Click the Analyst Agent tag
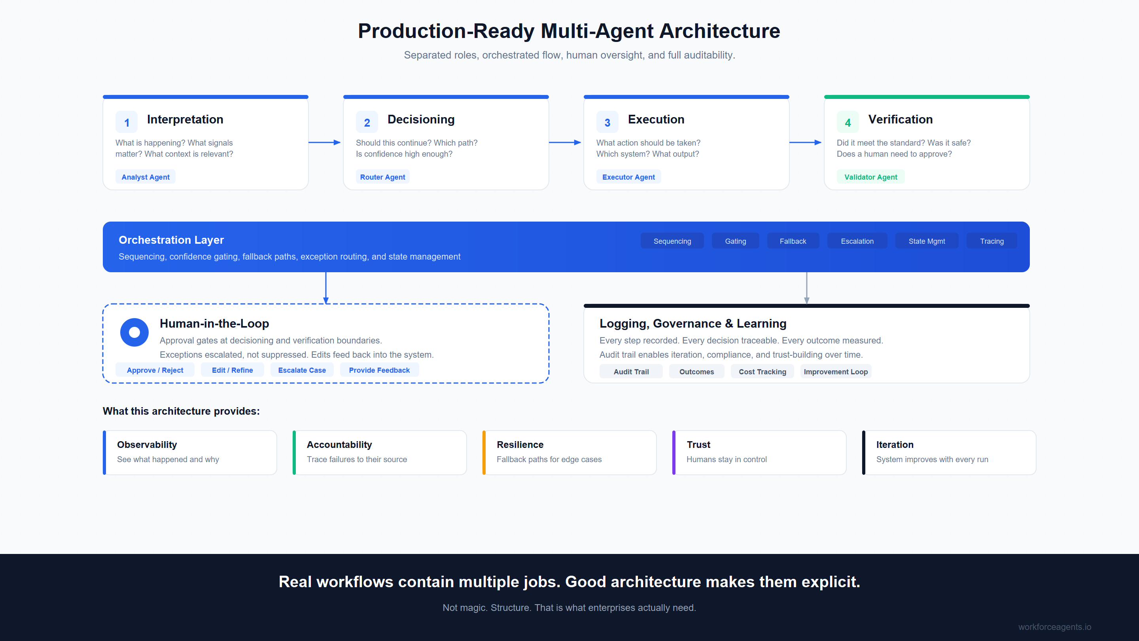(x=146, y=177)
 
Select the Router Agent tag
(x=382, y=177)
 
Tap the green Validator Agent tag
(x=870, y=177)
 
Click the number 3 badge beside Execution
(x=607, y=123)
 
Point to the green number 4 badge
(x=848, y=123)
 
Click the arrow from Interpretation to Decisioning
(x=325, y=142)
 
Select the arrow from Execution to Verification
(x=806, y=142)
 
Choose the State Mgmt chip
(x=926, y=241)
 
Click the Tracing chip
(x=991, y=241)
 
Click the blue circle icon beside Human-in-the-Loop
(x=134, y=332)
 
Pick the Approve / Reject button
(x=155, y=370)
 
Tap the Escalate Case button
(x=302, y=370)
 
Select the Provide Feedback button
(x=379, y=370)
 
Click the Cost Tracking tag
(x=762, y=372)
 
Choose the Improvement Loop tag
(x=835, y=372)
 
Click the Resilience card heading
(x=520, y=445)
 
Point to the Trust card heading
(x=698, y=445)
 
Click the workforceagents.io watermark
(x=1054, y=627)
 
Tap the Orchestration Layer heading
(x=171, y=240)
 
